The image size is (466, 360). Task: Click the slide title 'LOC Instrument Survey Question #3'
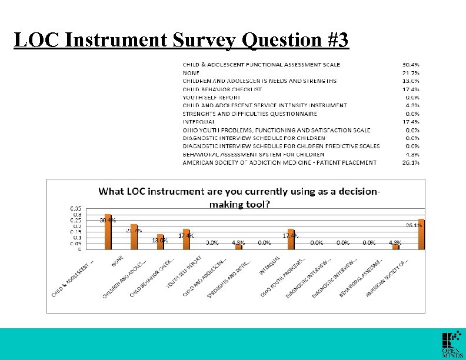click(181, 40)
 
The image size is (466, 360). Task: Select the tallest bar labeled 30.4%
click(108, 232)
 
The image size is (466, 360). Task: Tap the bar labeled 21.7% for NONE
click(134, 236)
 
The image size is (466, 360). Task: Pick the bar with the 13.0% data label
click(160, 242)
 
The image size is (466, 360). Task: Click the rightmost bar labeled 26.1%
click(421, 234)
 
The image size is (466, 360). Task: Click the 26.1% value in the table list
click(411, 163)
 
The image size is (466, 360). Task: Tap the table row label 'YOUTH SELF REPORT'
click(211, 97)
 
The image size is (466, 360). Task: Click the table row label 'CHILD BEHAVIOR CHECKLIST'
click(222, 89)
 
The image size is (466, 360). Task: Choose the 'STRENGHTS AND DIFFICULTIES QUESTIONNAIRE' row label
click(249, 114)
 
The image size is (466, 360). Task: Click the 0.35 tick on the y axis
click(76, 208)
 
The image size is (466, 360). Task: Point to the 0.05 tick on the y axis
click(76, 243)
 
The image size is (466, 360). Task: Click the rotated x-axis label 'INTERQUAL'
click(268, 266)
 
